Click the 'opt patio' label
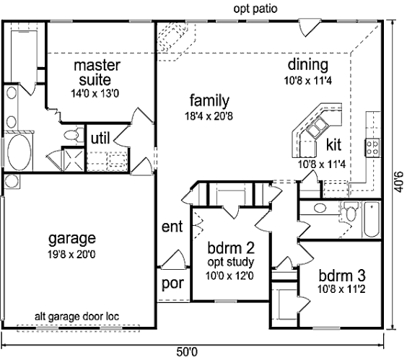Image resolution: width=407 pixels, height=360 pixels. [255, 9]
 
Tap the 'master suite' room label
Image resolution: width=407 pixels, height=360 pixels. [97, 72]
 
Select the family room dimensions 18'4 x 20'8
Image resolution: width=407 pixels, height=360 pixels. [209, 116]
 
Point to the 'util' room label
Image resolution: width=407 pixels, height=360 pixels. [100, 138]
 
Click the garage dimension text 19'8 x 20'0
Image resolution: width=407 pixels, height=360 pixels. [71, 255]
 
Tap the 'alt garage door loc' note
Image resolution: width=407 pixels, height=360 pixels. [76, 317]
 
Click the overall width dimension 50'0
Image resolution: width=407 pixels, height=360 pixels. [187, 352]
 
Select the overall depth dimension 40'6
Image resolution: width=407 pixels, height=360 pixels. [399, 181]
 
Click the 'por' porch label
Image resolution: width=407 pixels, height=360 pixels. [172, 284]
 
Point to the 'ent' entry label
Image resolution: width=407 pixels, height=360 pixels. [172, 227]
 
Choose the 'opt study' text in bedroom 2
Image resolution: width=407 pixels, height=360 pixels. [230, 263]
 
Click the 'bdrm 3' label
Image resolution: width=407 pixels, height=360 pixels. [342, 276]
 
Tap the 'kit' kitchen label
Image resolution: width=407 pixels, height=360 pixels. [333, 144]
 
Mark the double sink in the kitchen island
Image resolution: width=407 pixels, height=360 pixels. [316, 127]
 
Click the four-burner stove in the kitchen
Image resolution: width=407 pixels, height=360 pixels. [372, 147]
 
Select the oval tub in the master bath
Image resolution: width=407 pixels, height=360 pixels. [19, 152]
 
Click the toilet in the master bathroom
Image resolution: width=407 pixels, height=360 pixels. [74, 135]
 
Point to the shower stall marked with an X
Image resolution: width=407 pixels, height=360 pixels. [74, 160]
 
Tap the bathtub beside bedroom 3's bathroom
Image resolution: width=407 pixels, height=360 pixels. [372, 219]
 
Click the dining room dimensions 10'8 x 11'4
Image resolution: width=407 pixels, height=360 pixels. [308, 81]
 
